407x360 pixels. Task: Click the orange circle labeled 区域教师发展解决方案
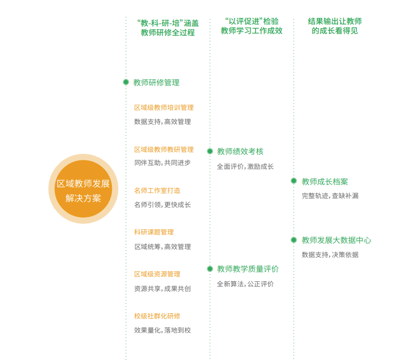[x=83, y=189]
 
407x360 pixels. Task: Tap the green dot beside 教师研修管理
[x=126, y=82]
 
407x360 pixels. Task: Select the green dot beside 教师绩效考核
[x=210, y=151]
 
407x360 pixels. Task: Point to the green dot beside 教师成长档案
[x=294, y=181]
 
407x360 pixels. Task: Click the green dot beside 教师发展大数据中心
[x=294, y=240]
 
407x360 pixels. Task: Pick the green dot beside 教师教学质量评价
[x=210, y=269]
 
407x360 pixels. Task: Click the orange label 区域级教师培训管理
[x=164, y=108]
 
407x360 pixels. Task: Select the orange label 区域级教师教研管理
[x=164, y=150]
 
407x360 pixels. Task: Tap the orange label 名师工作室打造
[x=157, y=191]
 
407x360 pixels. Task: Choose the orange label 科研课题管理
[x=154, y=232]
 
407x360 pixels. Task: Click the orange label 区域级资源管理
[x=157, y=274]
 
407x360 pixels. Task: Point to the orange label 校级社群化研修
[x=157, y=316]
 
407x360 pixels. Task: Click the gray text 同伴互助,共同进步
[x=162, y=163]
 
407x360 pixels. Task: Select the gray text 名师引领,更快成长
[x=162, y=205]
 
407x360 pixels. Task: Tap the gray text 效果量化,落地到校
[x=162, y=330]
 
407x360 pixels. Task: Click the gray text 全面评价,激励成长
[x=246, y=167]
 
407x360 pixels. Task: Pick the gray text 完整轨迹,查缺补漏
[x=330, y=196]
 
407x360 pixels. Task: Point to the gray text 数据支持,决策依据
[x=330, y=255]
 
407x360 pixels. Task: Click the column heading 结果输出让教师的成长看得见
[x=335, y=26]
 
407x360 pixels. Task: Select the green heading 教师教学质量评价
[x=248, y=269]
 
